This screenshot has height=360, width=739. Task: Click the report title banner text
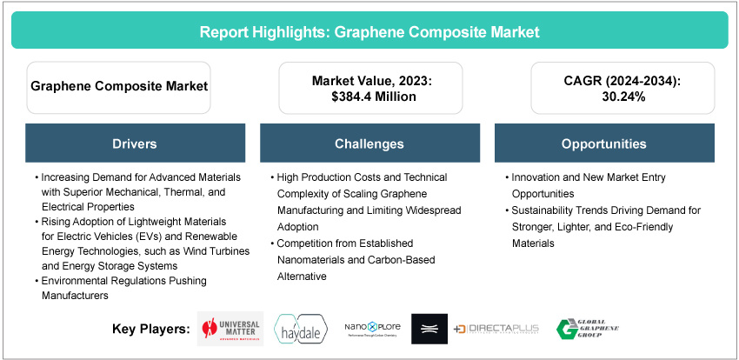click(369, 32)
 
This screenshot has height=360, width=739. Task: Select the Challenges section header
click(369, 143)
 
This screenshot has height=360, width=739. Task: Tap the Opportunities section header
click(603, 143)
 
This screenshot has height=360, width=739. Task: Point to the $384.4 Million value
click(370, 97)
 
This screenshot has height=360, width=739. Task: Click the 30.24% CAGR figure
click(604, 97)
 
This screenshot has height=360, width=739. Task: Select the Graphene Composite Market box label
click(118, 87)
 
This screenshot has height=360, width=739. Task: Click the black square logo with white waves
click(429, 330)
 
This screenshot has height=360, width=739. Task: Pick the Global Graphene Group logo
click(587, 330)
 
